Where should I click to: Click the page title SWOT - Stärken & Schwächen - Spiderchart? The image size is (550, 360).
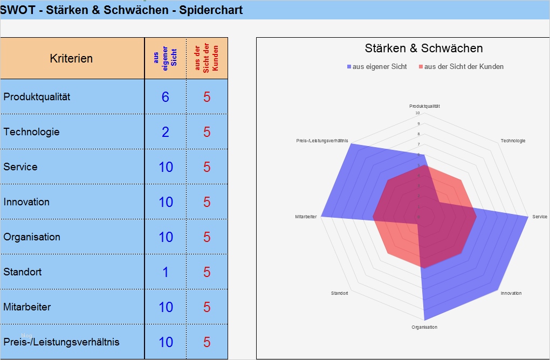pos(121,10)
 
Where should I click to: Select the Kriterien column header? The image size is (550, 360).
pos(71,59)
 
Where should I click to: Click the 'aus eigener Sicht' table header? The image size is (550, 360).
pos(166,58)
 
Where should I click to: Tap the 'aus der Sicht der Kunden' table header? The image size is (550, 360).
pos(207,58)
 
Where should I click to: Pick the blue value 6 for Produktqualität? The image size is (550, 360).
pos(166,97)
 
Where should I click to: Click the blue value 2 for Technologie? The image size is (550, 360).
pos(166,132)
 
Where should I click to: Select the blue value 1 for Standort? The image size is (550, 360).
pos(166,272)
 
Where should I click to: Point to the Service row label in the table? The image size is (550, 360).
pos(20,167)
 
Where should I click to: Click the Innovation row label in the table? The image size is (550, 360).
pos(26,202)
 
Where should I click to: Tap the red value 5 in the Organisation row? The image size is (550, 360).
pos(207,237)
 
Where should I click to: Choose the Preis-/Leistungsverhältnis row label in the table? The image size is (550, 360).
pos(61,342)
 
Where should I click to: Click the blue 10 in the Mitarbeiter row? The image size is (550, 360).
pos(166,307)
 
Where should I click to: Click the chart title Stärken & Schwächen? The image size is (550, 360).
pos(424,49)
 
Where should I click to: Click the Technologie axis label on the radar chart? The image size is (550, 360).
pos(513,141)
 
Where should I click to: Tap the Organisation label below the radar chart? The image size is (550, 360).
pos(424,327)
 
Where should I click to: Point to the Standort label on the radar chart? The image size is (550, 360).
pos(340,293)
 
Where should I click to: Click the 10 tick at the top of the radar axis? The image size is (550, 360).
pos(417,113)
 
